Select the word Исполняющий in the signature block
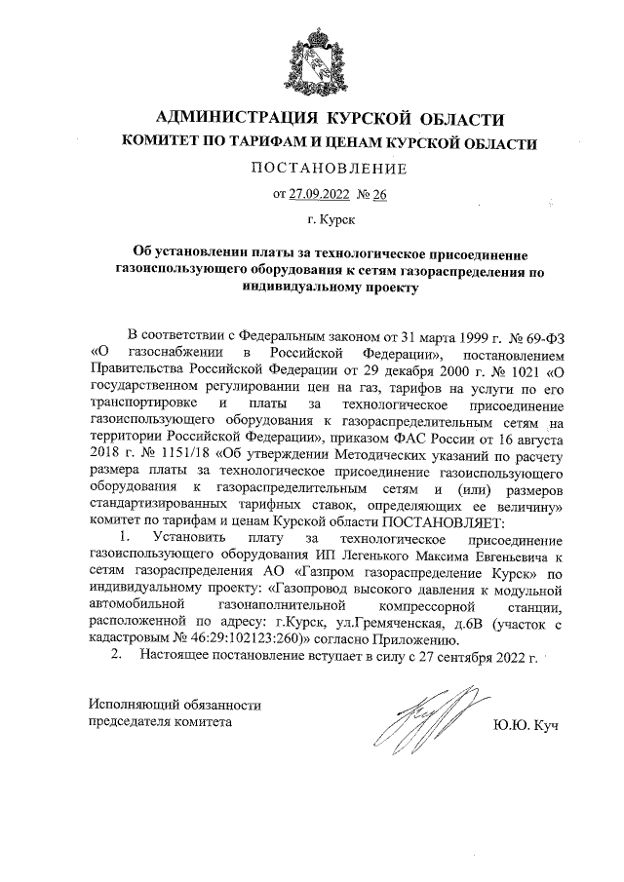(136, 704)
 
